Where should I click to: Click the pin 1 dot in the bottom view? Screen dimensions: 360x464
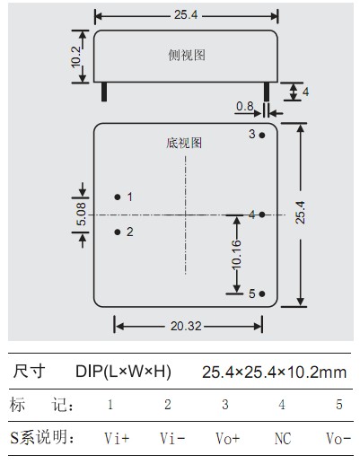[x=118, y=197]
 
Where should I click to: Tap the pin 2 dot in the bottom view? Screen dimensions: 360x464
[x=118, y=232]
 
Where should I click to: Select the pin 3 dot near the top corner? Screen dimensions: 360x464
[x=262, y=135]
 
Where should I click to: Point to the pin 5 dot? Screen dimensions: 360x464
[x=262, y=293]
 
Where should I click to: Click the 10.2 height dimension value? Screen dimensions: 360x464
[x=76, y=57]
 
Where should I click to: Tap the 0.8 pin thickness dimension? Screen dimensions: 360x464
[x=245, y=106]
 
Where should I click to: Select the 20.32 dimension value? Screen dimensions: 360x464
[x=186, y=326]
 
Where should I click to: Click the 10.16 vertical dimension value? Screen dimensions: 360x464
[x=236, y=254]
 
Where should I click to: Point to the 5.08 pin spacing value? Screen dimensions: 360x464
[x=81, y=214]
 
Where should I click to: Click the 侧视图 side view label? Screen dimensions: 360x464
[x=187, y=56]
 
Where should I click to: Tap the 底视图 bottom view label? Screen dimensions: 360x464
[x=184, y=143]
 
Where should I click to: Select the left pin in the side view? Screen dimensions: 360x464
[x=104, y=92]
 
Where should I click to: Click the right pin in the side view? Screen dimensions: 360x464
[x=267, y=92]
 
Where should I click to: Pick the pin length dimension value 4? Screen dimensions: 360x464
[x=305, y=92]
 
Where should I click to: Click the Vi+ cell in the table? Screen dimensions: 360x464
[x=117, y=439]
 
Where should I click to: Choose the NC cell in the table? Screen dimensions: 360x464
[x=283, y=439]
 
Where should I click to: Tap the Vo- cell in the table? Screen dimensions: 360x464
[x=338, y=439]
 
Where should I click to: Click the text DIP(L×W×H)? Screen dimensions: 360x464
[x=123, y=372]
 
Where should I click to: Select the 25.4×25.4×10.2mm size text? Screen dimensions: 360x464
[x=275, y=372]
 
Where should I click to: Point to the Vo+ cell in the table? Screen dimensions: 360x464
[x=228, y=439]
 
